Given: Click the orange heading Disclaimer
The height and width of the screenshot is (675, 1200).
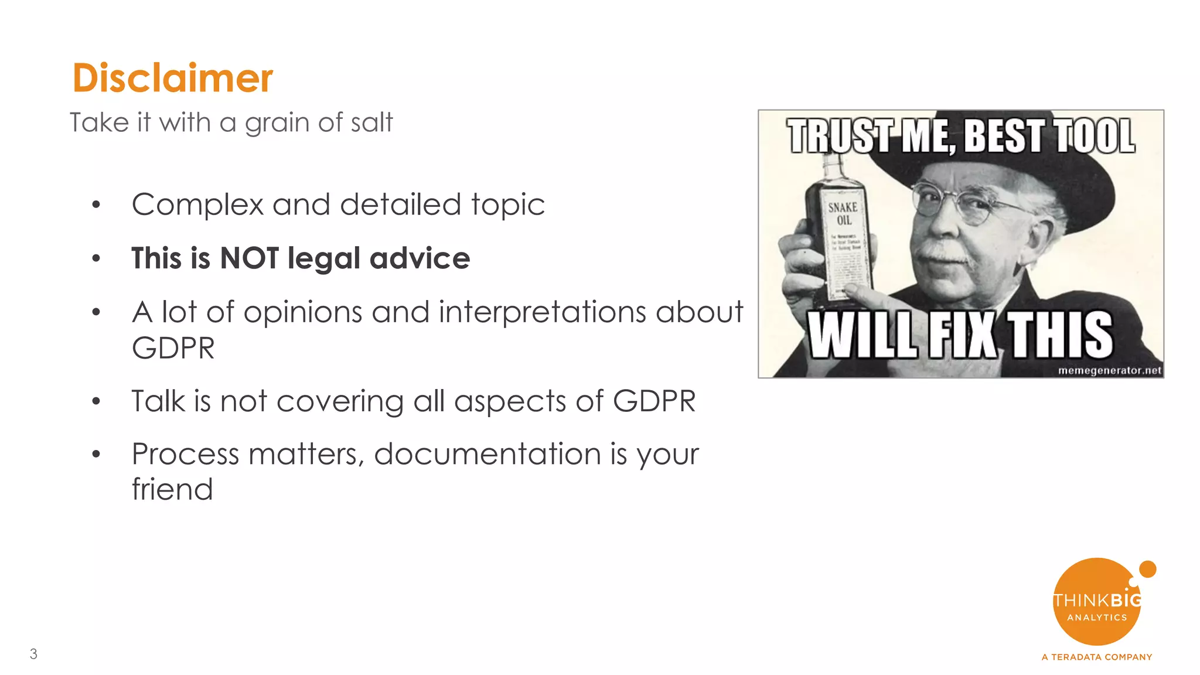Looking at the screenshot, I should tap(172, 78).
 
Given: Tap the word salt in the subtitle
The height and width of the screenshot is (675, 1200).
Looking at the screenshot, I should tap(371, 123).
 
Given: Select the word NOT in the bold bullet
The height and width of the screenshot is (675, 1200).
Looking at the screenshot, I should tap(249, 258).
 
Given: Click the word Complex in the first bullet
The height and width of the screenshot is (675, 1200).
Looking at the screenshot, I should tap(197, 205).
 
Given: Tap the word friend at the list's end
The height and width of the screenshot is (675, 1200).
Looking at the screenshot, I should tap(172, 489).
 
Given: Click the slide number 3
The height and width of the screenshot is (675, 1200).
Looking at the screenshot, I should tap(33, 654).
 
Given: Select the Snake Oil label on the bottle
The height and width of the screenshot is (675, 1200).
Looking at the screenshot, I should tap(843, 214).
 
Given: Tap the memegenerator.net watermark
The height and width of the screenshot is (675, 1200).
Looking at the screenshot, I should tap(1109, 370).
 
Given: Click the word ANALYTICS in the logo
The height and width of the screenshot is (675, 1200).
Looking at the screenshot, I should tap(1097, 618).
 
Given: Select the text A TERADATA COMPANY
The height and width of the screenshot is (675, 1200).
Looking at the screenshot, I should tap(1097, 657).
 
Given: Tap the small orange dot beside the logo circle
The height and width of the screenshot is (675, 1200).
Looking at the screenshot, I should tap(1147, 569).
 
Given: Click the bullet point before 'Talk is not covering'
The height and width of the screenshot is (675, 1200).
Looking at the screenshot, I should tap(96, 402).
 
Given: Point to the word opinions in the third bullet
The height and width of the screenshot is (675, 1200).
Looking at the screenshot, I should tap(302, 312).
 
